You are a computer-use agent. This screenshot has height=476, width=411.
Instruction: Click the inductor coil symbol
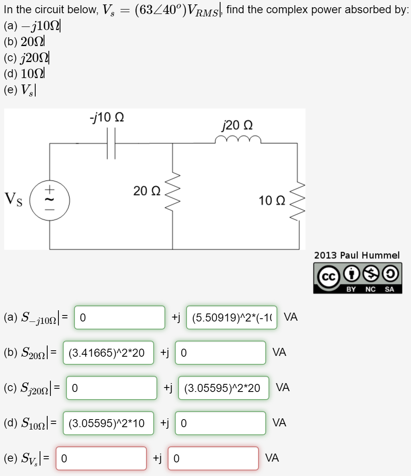pyautogui.click(x=238, y=140)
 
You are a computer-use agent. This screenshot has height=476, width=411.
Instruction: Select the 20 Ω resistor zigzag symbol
pyautogui.click(x=173, y=194)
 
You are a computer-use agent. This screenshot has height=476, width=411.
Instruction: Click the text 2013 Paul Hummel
pyautogui.click(x=357, y=255)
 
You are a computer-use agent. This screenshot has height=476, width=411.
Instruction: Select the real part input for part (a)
pyautogui.click(x=120, y=317)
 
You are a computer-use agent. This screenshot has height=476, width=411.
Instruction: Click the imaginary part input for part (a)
pyautogui.click(x=232, y=317)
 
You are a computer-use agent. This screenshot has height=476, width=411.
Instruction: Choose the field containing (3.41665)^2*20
pyautogui.click(x=108, y=353)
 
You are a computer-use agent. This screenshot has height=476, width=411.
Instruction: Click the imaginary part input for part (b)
pyautogui.click(x=221, y=353)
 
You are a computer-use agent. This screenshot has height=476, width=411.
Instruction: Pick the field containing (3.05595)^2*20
pyautogui.click(x=224, y=388)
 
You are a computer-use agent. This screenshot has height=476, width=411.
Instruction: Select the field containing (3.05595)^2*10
pyautogui.click(x=108, y=423)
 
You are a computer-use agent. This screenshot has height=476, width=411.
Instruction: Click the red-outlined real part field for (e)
pyautogui.click(x=101, y=458)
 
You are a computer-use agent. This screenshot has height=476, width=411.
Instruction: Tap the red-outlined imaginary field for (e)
pyautogui.click(x=213, y=458)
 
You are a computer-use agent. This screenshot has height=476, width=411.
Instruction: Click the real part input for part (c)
pyautogui.click(x=112, y=388)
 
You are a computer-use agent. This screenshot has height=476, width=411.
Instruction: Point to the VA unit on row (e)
pyautogui.click(x=272, y=458)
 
